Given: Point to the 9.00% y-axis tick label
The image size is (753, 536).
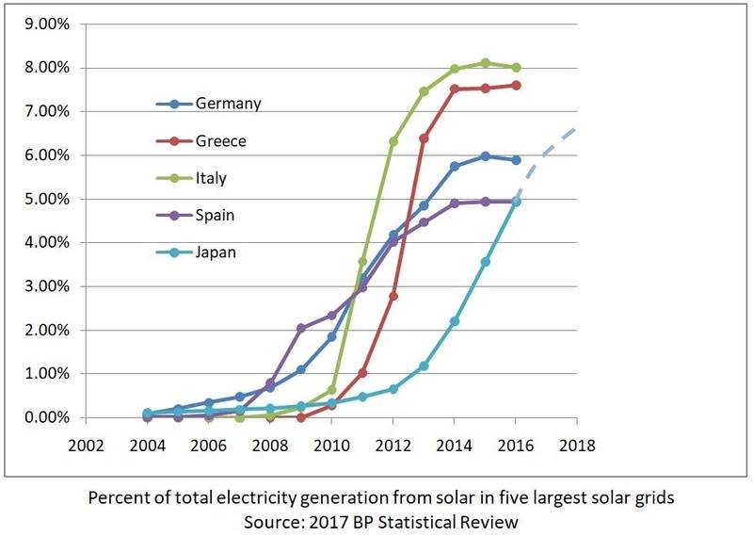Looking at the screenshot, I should point(43,24).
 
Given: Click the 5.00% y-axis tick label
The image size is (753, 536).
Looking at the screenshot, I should point(43,199).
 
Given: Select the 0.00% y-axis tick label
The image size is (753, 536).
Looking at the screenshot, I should point(43,417).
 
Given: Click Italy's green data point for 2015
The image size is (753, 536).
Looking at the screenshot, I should point(485,63).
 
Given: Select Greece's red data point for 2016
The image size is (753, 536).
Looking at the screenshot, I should point(516,85).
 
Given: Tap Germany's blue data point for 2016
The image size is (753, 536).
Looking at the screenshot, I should point(516,160).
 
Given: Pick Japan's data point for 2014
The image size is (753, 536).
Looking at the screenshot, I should point(455,321).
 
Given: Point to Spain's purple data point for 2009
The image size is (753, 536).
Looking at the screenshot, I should point(300,329).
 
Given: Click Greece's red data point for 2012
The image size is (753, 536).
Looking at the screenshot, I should point(393,296).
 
